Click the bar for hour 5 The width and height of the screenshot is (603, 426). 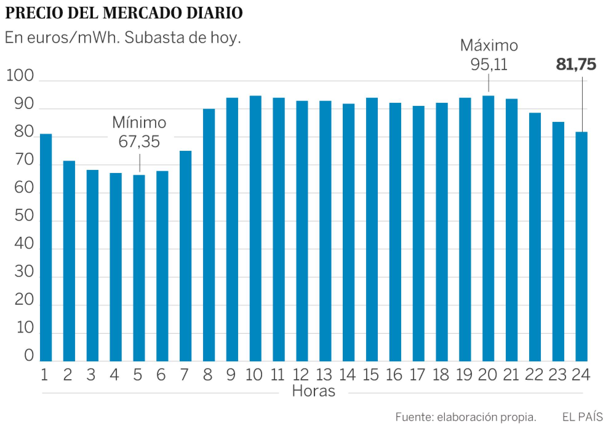(x=139, y=268)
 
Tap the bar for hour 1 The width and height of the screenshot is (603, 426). (x=46, y=247)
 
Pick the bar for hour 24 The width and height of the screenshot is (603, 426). (x=581, y=246)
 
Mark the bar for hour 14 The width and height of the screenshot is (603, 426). (x=349, y=232)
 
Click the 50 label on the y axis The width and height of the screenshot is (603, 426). (x=24, y=216)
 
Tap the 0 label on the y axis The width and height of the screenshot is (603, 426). (x=29, y=356)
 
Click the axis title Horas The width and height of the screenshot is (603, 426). (x=313, y=391)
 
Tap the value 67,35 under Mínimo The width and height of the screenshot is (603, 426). (x=139, y=142)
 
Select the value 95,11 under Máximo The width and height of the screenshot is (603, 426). (x=489, y=65)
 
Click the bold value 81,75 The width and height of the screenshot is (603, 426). (x=576, y=65)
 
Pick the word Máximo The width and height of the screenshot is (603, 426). (x=489, y=46)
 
